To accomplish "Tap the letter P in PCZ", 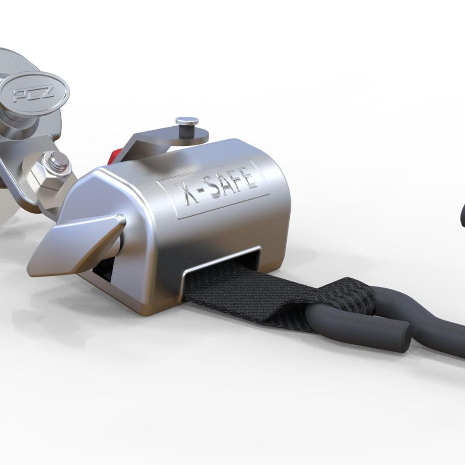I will pyautogui.click(x=22, y=95).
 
